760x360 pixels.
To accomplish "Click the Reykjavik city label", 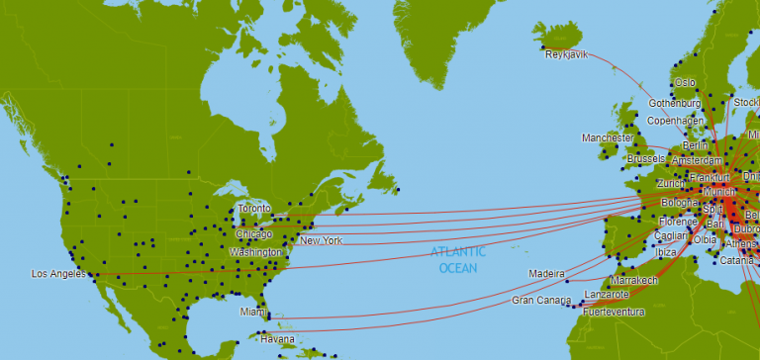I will point(566,54).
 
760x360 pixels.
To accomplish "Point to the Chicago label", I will point(253,234).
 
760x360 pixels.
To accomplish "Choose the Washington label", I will point(256,253).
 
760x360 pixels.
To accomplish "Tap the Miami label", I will point(252,313).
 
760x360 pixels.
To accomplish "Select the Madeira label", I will point(546,273).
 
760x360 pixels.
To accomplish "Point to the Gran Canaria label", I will point(541,300).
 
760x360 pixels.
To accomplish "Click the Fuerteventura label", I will point(613,313).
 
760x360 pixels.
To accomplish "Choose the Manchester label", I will point(607,138).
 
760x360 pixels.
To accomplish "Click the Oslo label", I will point(685,83).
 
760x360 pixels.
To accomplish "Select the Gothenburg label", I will point(675,104).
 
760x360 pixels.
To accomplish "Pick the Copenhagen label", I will point(675,121).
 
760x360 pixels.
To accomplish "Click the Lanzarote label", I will point(607,295).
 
